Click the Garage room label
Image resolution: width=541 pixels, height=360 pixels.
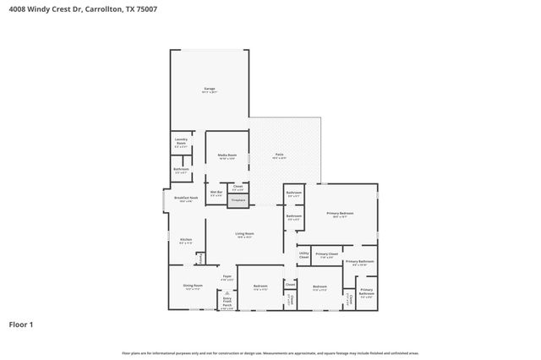coord(209,90)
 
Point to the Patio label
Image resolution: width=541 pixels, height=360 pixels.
coord(279,155)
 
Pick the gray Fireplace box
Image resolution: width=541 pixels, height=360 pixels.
coord(238,201)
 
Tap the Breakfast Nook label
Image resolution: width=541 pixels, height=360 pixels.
coord(184,199)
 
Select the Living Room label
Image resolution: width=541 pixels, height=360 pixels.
coord(244,235)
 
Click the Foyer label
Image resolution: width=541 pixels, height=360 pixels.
coord(227,277)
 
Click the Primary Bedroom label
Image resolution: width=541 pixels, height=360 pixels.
coord(340,215)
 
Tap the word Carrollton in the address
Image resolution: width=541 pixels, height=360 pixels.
coord(101,8)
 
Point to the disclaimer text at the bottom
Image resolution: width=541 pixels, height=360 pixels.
coord(270,352)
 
